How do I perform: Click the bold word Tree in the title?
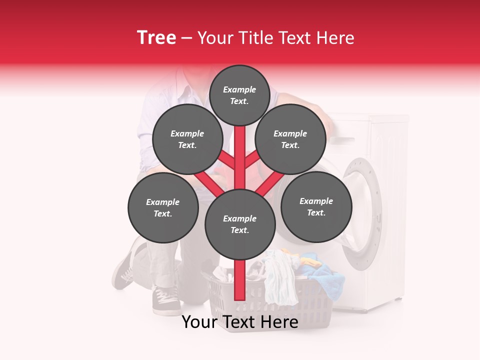(156, 38)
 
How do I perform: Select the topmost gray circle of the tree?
(239, 95)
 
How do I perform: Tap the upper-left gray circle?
(187, 139)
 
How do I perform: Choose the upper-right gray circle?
(290, 139)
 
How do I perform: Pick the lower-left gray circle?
(163, 207)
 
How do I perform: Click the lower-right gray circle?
(316, 206)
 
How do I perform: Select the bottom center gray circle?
(240, 224)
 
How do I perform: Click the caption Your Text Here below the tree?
(240, 322)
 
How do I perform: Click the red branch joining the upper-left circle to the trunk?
(227, 160)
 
